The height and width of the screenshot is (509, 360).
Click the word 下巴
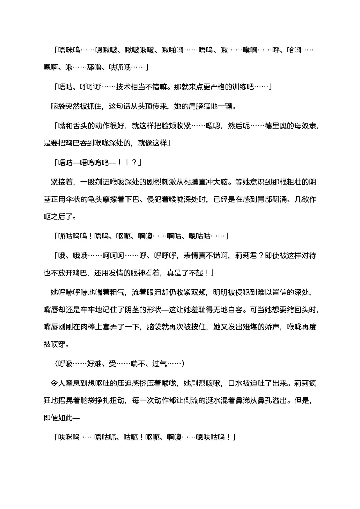[131, 200]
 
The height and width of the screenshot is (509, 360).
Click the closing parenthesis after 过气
[183, 364]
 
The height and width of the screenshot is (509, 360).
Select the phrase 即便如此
[58, 418]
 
